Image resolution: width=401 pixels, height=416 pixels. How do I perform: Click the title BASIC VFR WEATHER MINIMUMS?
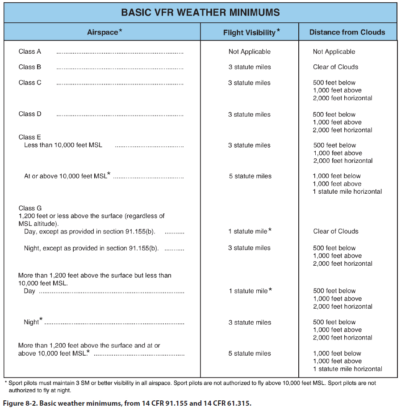pos(200,12)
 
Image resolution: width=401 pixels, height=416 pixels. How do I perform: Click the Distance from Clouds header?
pos(347,32)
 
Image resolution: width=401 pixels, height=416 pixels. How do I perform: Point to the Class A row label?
pos(30,51)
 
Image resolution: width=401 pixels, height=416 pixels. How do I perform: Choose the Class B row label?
pos(30,67)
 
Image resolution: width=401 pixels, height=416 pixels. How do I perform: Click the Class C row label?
pos(30,83)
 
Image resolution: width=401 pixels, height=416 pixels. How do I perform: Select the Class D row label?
pos(30,114)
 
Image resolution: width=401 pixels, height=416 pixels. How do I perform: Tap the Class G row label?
pos(30,208)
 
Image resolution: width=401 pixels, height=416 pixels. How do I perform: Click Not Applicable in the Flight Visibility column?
pos(250,52)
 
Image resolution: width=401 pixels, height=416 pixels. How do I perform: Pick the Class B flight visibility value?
pos(250,67)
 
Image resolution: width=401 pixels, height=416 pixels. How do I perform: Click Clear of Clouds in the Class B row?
pos(335,67)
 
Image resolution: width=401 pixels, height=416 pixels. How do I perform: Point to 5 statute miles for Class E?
pos(250,176)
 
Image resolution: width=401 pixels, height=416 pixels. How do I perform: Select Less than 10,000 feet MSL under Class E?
pos(63,145)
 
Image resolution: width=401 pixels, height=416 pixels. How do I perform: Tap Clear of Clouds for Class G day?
pos(336,231)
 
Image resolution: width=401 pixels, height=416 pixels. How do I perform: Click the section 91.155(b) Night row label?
pos(92,248)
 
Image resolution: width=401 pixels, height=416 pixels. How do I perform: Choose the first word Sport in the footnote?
pos(16,383)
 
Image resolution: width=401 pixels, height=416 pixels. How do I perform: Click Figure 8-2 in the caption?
pos(20,403)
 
